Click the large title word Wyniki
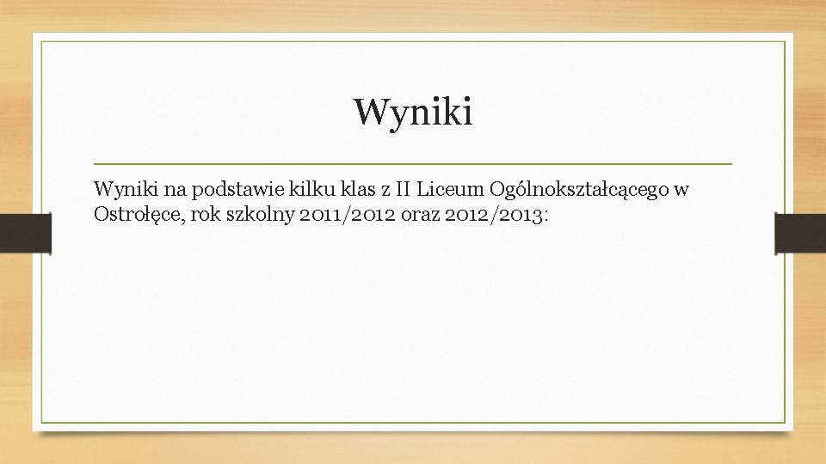[413, 113]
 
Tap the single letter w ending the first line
[682, 189]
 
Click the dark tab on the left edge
[25, 234]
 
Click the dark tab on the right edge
[800, 234]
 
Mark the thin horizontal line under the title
[413, 163]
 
